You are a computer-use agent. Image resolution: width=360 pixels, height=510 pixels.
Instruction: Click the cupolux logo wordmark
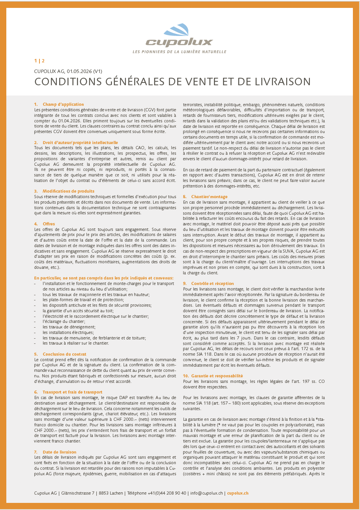click(x=179, y=42)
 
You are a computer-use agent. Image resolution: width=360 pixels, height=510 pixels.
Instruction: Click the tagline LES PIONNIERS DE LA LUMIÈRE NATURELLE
click(x=179, y=52)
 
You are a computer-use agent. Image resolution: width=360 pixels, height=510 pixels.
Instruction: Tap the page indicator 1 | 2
click(x=39, y=61)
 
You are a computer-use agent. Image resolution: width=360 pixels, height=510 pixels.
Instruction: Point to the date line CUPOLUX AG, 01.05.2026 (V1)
click(x=68, y=71)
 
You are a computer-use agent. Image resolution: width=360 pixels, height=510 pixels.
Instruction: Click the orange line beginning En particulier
click(x=104, y=278)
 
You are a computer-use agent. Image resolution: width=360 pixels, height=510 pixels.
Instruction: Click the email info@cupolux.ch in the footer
click(x=206, y=493)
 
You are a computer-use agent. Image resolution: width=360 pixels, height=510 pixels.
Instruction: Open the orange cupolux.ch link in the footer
click(x=238, y=493)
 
